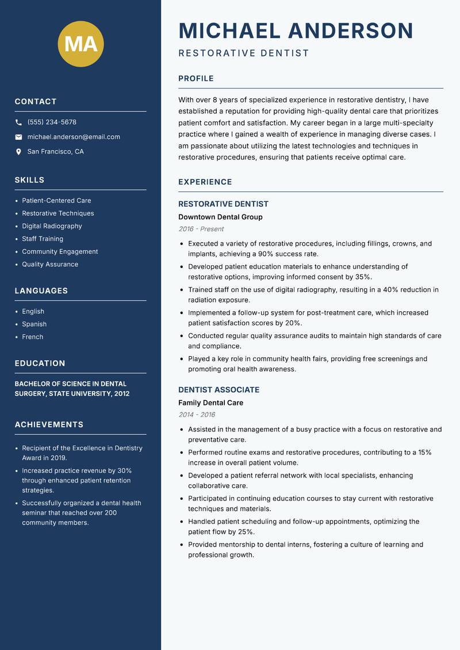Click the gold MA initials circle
pyautogui.click(x=81, y=44)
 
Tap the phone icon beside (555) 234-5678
pyautogui.click(x=18, y=123)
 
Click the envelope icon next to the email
pyautogui.click(x=18, y=137)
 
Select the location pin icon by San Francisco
pyautogui.click(x=18, y=152)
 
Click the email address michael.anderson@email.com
pyautogui.click(x=74, y=137)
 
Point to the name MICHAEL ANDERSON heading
pyautogui.click(x=296, y=30)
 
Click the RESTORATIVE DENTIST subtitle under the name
pyautogui.click(x=244, y=53)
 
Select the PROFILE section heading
pyautogui.click(x=196, y=79)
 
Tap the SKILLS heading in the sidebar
pyautogui.click(x=29, y=180)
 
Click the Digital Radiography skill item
pyautogui.click(x=52, y=226)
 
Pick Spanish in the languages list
pyautogui.click(x=34, y=324)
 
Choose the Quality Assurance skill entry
pyautogui.click(x=50, y=264)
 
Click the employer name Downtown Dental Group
pyautogui.click(x=220, y=217)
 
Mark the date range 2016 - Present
pyautogui.click(x=201, y=229)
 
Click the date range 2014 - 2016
pyautogui.click(x=197, y=415)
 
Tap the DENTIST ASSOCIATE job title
pyautogui.click(x=218, y=389)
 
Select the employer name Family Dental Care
pyautogui.click(x=210, y=403)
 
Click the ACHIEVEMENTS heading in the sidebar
pyautogui.click(x=49, y=425)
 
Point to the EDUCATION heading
pyautogui.click(x=40, y=364)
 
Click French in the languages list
pyautogui.click(x=32, y=337)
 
